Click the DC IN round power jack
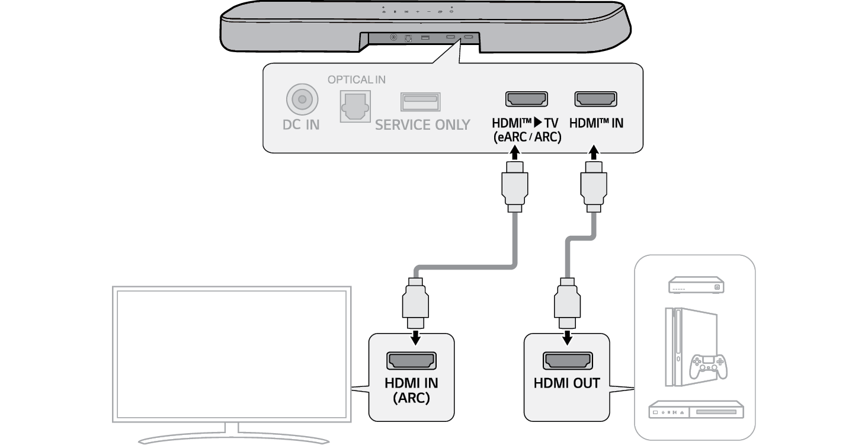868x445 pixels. (302, 100)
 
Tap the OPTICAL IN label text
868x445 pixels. (357, 79)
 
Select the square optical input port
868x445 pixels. (354, 106)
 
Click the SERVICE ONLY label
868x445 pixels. (422, 125)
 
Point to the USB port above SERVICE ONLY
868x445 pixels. (420, 101)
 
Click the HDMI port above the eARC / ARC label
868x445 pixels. (526, 99)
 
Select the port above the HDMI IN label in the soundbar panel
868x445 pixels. (596, 99)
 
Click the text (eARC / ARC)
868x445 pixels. (527, 137)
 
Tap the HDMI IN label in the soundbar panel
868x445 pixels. (596, 124)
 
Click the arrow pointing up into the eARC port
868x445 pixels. (514, 155)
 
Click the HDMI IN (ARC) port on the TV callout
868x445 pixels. (411, 360)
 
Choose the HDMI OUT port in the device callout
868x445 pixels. (568, 360)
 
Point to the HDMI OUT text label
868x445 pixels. (567, 383)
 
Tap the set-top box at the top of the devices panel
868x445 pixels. (695, 286)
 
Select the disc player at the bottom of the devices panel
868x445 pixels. (696, 410)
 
